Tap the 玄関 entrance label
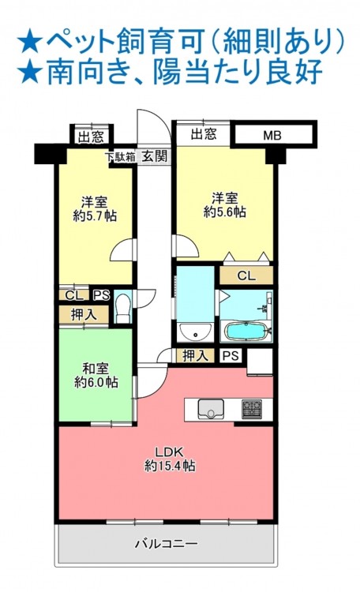tap(154, 156)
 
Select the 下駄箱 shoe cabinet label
tap(120, 157)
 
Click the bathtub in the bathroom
tap(246, 331)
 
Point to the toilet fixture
tap(122, 308)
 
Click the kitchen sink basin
tap(211, 409)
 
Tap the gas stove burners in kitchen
tap(252, 409)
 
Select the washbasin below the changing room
tap(195, 332)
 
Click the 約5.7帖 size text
tap(95, 215)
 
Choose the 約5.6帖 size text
tap(225, 212)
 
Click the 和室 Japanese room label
tap(96, 369)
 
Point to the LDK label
tap(170, 451)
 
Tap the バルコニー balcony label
tap(167, 544)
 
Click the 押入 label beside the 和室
tap(84, 314)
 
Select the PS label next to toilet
tap(101, 295)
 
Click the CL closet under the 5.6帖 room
tap(246, 275)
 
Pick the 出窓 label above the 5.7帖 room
tap(91, 137)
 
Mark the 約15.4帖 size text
tap(170, 466)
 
